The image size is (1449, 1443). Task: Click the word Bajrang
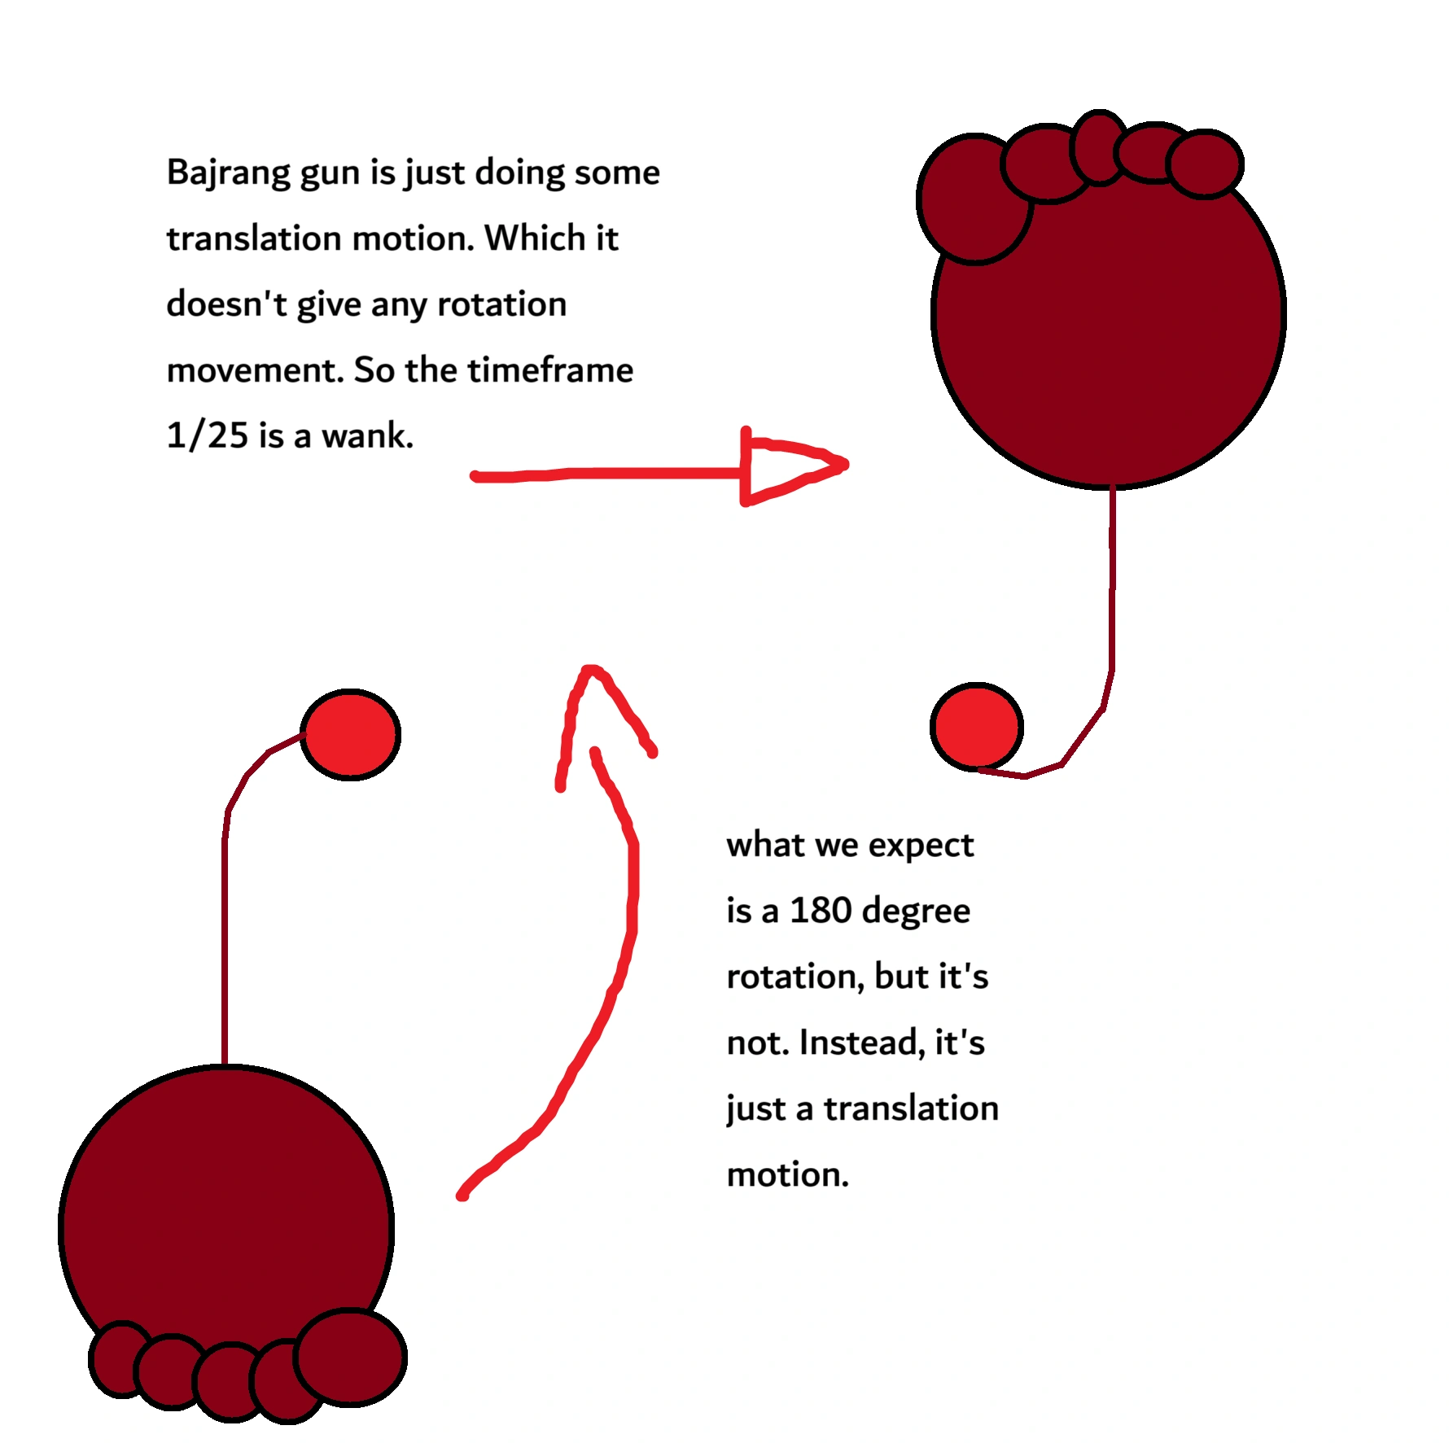(x=227, y=173)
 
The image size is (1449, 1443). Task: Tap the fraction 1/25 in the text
(x=207, y=435)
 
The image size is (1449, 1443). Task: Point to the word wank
(x=367, y=435)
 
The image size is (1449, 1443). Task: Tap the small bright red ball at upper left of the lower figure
(x=350, y=735)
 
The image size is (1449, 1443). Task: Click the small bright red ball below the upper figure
(x=976, y=727)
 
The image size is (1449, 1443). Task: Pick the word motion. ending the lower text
(x=787, y=1174)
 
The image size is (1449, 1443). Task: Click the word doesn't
(x=226, y=304)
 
